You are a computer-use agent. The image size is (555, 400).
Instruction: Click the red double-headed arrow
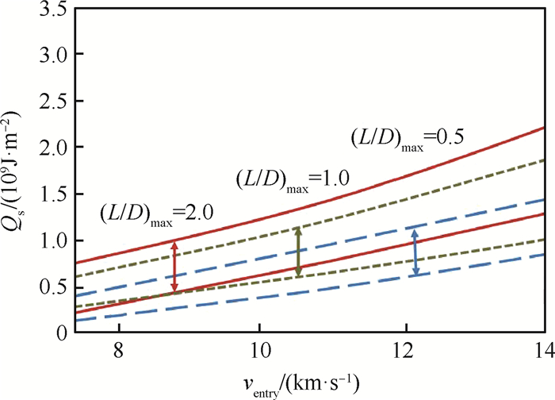point(175,267)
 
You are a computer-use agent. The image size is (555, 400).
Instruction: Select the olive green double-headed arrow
point(298,252)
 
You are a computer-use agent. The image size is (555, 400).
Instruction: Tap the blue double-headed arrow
point(414,252)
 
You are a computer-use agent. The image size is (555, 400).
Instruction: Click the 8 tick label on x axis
point(118,350)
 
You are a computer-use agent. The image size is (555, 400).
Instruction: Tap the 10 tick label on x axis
point(258,350)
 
